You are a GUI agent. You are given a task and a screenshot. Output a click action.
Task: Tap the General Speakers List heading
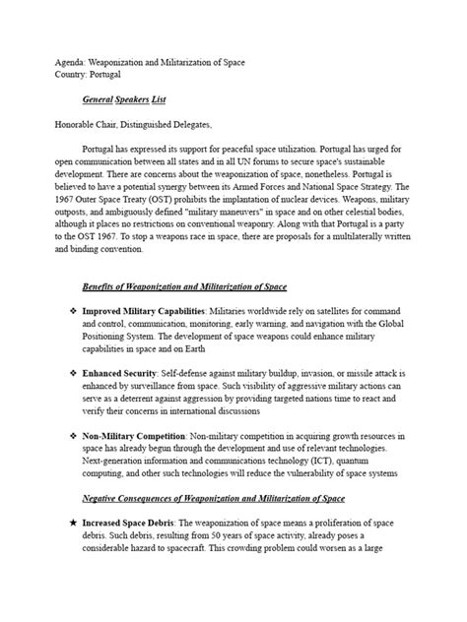coord(137,100)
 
